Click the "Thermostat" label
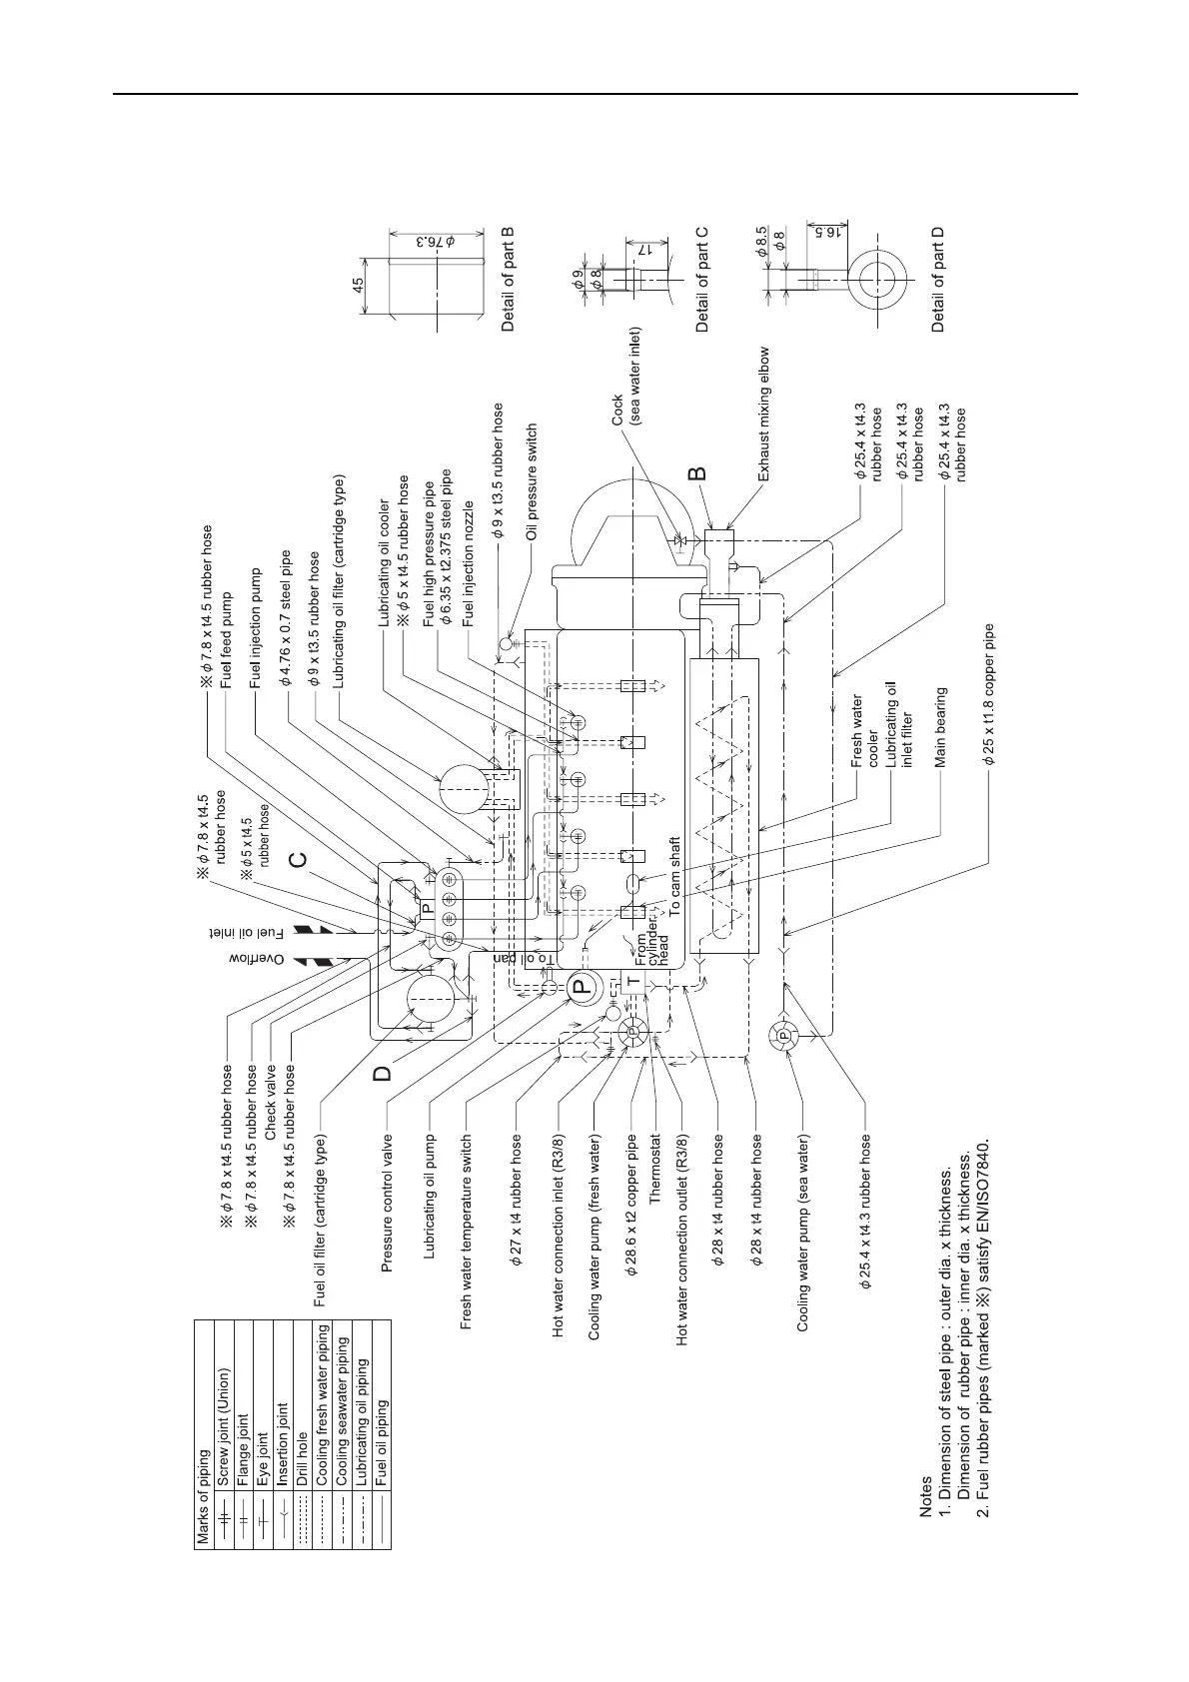pos(656,1172)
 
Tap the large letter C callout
pos(297,859)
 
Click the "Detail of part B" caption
pos(509,280)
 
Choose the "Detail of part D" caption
pos(937,280)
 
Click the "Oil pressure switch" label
pos(533,482)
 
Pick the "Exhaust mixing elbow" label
pos(764,415)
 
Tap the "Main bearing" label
pos(940,726)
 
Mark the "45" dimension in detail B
pos(358,284)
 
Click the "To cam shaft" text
pos(674,876)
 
